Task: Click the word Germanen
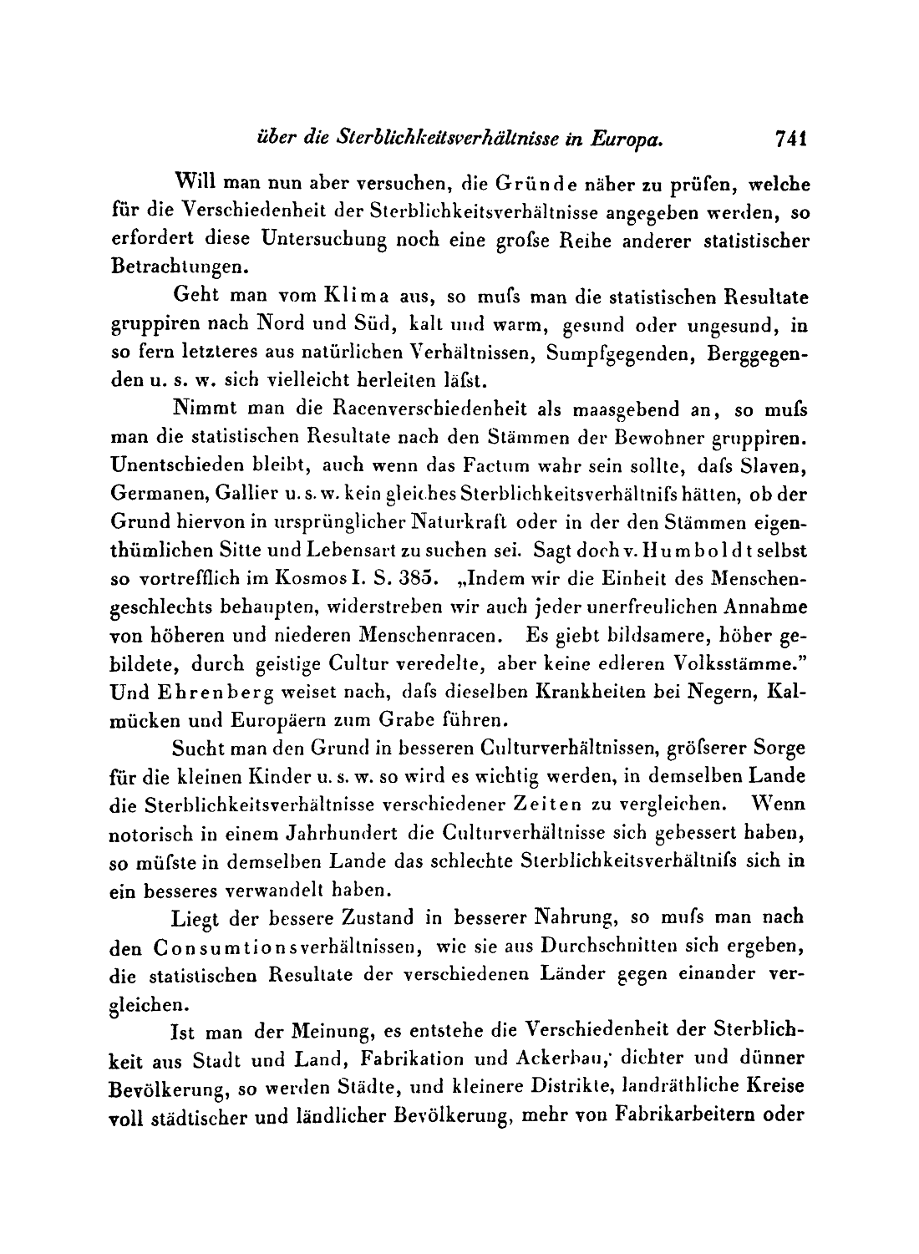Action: point(149,495)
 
